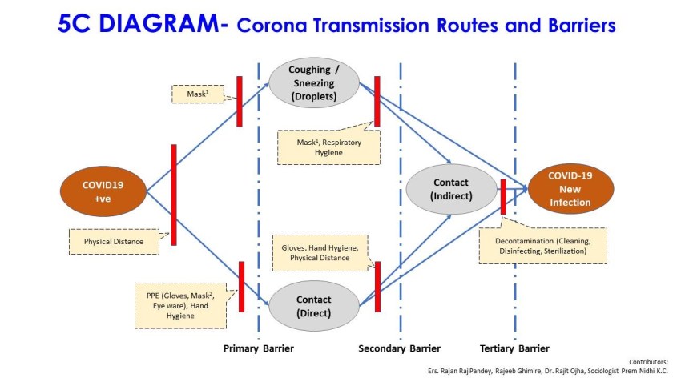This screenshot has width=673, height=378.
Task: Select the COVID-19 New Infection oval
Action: point(570,189)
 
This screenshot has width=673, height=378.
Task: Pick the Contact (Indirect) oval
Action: point(451,189)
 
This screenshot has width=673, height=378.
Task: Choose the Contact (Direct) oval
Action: point(313,306)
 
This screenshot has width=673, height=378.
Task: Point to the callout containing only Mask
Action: point(194,94)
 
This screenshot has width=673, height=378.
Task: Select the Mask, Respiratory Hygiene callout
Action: point(328,147)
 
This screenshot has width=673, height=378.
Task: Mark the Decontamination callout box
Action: point(542,245)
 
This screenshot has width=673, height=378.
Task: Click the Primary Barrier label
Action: point(258,348)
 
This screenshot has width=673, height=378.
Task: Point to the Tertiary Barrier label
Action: point(514,348)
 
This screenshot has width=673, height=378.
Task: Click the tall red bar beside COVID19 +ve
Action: point(173,195)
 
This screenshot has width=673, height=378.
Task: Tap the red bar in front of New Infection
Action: point(503,196)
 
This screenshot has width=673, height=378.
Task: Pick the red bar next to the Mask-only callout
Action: point(239,101)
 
